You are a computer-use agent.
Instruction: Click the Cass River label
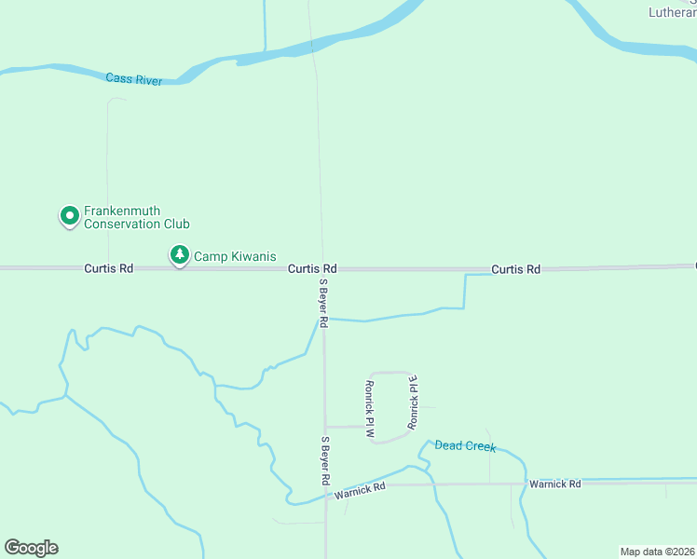click(134, 80)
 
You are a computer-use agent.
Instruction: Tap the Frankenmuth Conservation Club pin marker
click(69, 216)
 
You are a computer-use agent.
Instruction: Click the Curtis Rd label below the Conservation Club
click(108, 268)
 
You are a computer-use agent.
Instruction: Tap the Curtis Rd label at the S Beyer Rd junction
click(312, 268)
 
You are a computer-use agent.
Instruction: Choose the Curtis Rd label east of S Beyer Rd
click(515, 269)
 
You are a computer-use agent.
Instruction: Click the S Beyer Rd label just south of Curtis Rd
click(323, 303)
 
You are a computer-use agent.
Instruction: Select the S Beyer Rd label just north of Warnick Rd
click(325, 460)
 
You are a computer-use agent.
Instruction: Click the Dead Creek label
click(465, 446)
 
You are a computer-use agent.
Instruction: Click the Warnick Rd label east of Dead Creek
click(554, 484)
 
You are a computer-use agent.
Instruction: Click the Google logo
click(31, 548)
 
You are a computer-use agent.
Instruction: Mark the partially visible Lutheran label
click(672, 12)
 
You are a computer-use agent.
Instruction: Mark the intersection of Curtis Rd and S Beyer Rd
click(323, 269)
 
